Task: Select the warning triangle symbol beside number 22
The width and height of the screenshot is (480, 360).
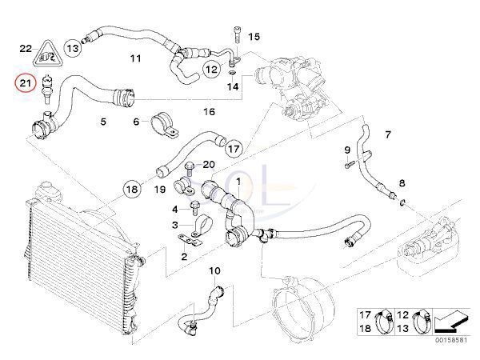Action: click(x=46, y=55)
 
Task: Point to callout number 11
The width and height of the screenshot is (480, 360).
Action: click(x=135, y=59)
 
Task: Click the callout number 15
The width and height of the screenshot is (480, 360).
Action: click(x=254, y=37)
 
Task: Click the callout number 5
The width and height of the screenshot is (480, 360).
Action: click(x=103, y=122)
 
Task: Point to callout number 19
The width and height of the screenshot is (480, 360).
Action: click(x=160, y=190)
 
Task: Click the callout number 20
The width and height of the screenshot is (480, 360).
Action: click(x=210, y=165)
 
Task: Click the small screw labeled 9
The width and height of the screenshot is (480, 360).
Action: click(x=350, y=165)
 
